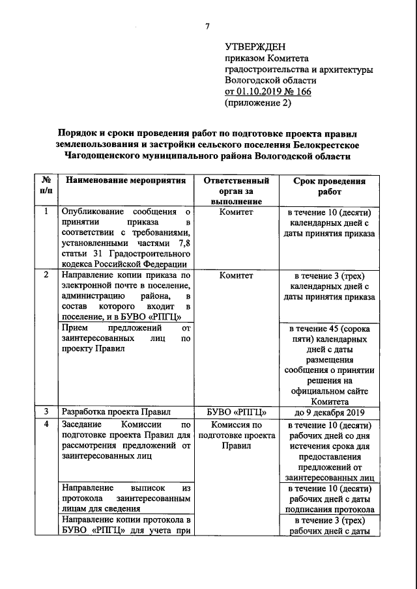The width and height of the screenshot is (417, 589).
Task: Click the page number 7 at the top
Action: click(208, 27)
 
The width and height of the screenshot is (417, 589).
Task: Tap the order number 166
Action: click(302, 92)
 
